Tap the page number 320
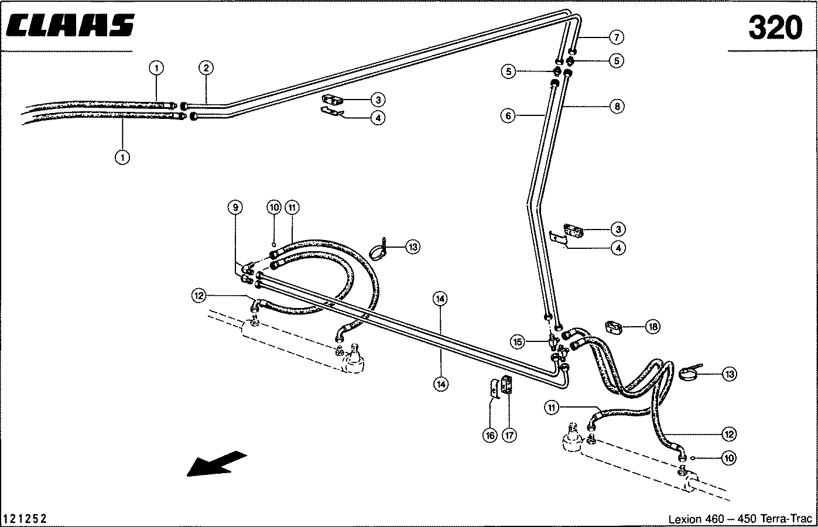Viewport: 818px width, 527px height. pyautogui.click(x=775, y=28)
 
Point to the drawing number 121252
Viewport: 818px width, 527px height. pyautogui.click(x=25, y=519)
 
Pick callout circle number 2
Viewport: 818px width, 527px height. pyautogui.click(x=205, y=68)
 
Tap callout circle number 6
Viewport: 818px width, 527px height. pyautogui.click(x=508, y=116)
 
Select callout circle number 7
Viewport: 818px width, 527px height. pyautogui.click(x=616, y=37)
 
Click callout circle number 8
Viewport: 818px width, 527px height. pyautogui.click(x=616, y=106)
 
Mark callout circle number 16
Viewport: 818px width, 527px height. pyautogui.click(x=490, y=435)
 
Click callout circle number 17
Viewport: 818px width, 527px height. pyautogui.click(x=509, y=435)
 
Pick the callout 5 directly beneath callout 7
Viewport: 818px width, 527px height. pyautogui.click(x=616, y=60)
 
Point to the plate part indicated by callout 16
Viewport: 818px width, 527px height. pyautogui.click(x=494, y=388)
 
